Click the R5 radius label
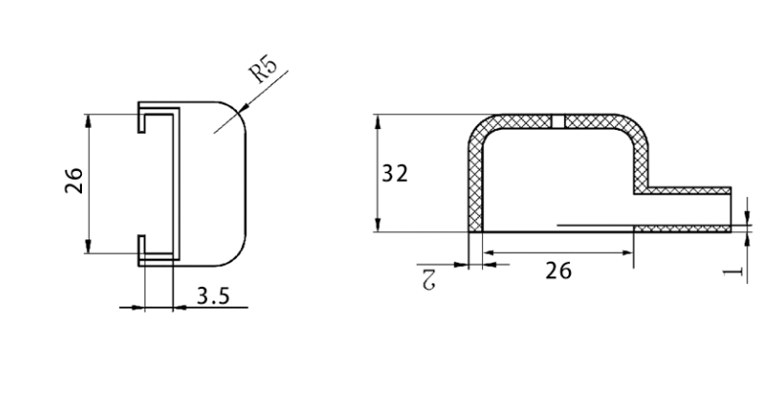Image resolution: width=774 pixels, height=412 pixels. pyautogui.click(x=263, y=72)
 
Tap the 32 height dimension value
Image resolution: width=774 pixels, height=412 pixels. pyautogui.click(x=394, y=173)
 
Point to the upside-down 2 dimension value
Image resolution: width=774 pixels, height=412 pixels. pyautogui.click(x=427, y=278)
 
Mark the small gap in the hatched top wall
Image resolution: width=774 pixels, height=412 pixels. pyautogui.click(x=558, y=121)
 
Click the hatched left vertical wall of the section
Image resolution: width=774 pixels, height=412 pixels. pyautogui.click(x=476, y=185)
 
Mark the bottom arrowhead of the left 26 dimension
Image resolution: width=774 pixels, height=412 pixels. pyautogui.click(x=89, y=248)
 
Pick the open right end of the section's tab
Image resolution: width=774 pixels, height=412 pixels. pyautogui.click(x=730, y=208)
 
